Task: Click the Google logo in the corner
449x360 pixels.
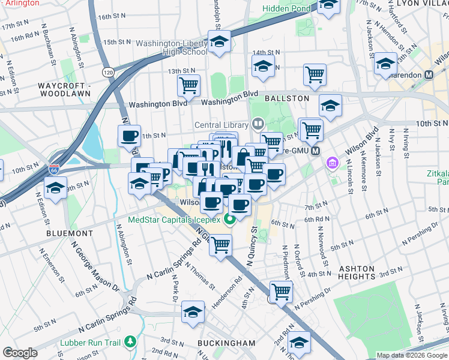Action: (20, 353)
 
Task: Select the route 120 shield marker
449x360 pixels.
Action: (108, 72)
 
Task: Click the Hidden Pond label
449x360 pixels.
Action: (287, 8)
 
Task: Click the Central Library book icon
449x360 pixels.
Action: (258, 124)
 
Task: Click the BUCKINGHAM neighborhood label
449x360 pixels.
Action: (226, 343)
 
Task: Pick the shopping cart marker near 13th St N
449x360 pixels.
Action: (188, 86)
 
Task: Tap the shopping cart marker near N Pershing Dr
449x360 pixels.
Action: (280, 292)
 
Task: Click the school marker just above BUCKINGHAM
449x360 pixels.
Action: (193, 313)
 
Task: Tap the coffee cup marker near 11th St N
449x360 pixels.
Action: (130, 136)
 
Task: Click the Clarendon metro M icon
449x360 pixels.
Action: (429, 75)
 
